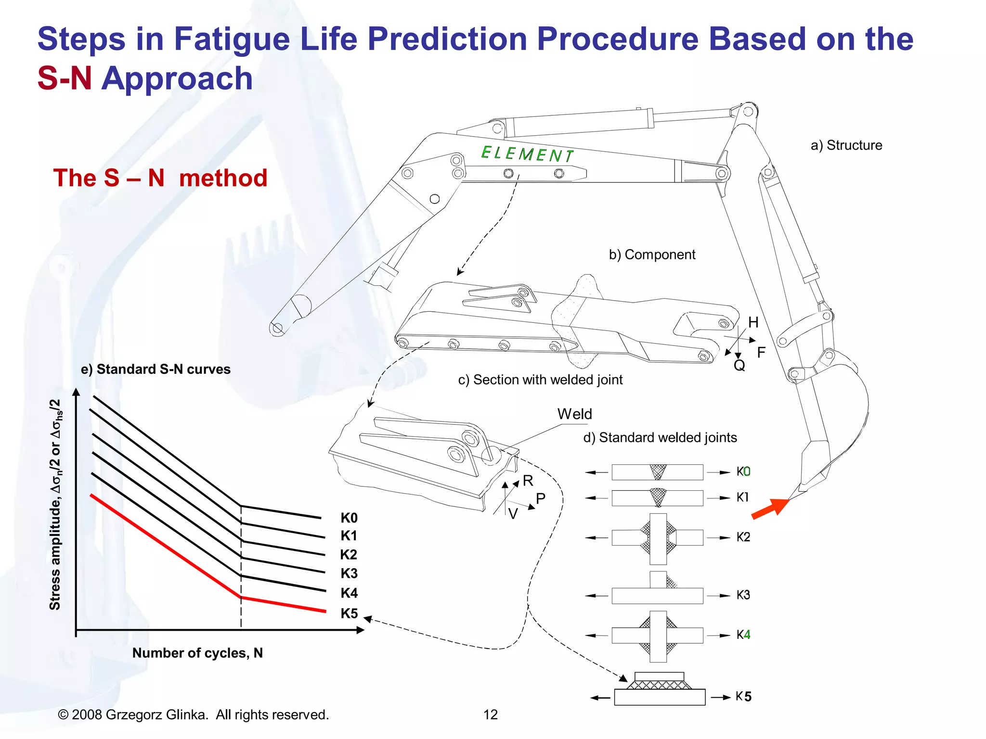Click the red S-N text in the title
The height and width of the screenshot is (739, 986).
pos(65,78)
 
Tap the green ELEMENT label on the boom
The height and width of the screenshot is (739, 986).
pos(527,154)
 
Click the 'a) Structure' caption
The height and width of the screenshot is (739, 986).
pos(846,145)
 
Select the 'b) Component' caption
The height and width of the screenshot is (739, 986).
pos(652,255)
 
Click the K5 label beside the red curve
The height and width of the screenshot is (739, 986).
pos(349,613)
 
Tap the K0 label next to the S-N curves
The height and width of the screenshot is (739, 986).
pos(349,518)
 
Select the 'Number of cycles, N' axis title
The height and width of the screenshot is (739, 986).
pos(197,653)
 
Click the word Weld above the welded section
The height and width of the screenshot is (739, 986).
pos(574,414)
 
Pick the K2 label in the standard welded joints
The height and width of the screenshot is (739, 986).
pos(743,537)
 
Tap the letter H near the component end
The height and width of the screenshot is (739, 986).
pos(753,322)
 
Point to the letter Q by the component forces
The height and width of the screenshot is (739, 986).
pos(739,366)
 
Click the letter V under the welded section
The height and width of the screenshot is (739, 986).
pos(513,514)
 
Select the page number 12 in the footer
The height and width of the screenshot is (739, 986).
pos(490,714)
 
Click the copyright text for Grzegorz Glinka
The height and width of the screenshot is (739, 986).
pos(193,714)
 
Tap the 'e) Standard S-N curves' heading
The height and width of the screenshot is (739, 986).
pos(156,369)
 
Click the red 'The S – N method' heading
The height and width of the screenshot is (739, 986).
pos(160,178)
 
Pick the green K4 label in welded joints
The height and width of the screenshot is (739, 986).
pos(743,635)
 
